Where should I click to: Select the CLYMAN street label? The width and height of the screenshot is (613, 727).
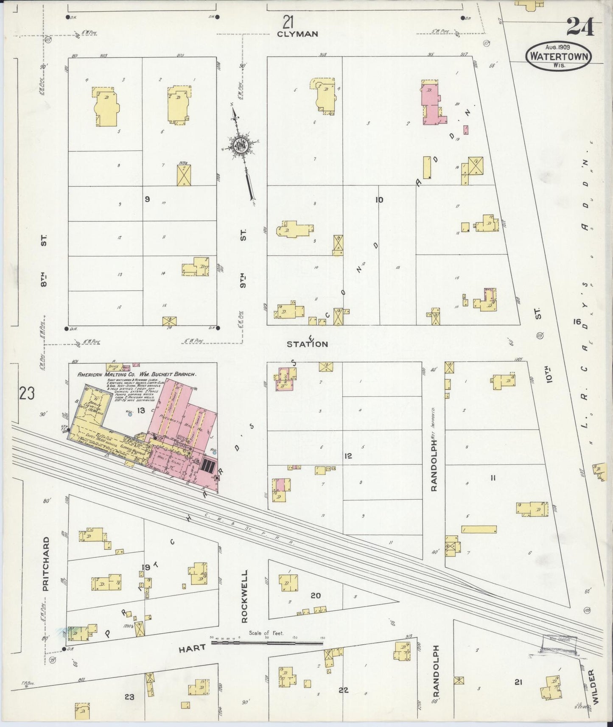click(x=297, y=34)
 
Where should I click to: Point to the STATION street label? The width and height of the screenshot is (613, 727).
click(x=307, y=344)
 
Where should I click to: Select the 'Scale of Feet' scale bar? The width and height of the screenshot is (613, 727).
click(x=267, y=643)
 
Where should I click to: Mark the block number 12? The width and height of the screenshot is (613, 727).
click(x=348, y=456)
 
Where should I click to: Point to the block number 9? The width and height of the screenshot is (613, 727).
click(x=147, y=199)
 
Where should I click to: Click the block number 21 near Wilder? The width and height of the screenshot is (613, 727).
click(x=518, y=682)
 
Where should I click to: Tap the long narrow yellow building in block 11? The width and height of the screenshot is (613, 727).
click(x=479, y=529)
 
